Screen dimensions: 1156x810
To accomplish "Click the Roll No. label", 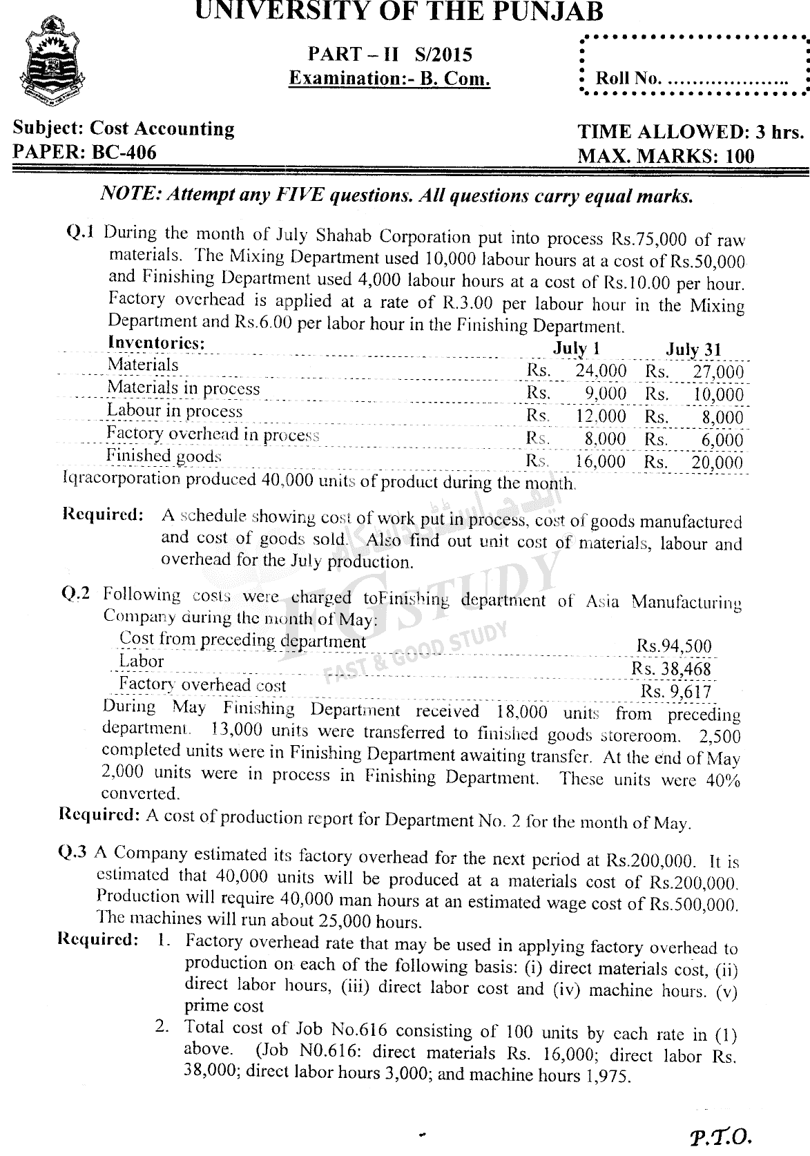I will pyautogui.click(x=628, y=78).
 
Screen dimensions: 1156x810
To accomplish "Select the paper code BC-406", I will pyautogui.click(x=119, y=152).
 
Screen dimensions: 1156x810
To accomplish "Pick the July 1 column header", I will pyautogui.click(x=570, y=348).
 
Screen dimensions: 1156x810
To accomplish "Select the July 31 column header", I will pyautogui.click(x=693, y=349).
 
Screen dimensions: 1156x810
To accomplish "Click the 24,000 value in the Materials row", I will pyautogui.click(x=601, y=371).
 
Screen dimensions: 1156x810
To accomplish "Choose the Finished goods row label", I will pyautogui.click(x=164, y=456).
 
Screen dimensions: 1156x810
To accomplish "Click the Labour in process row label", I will pyautogui.click(x=174, y=411).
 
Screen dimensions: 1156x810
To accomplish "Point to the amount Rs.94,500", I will pyautogui.click(x=673, y=646).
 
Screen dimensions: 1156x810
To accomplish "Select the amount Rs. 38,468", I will pyautogui.click(x=671, y=668).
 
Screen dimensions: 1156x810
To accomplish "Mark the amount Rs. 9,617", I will pyautogui.click(x=676, y=691).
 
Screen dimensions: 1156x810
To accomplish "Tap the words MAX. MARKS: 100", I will pyautogui.click(x=666, y=156).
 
